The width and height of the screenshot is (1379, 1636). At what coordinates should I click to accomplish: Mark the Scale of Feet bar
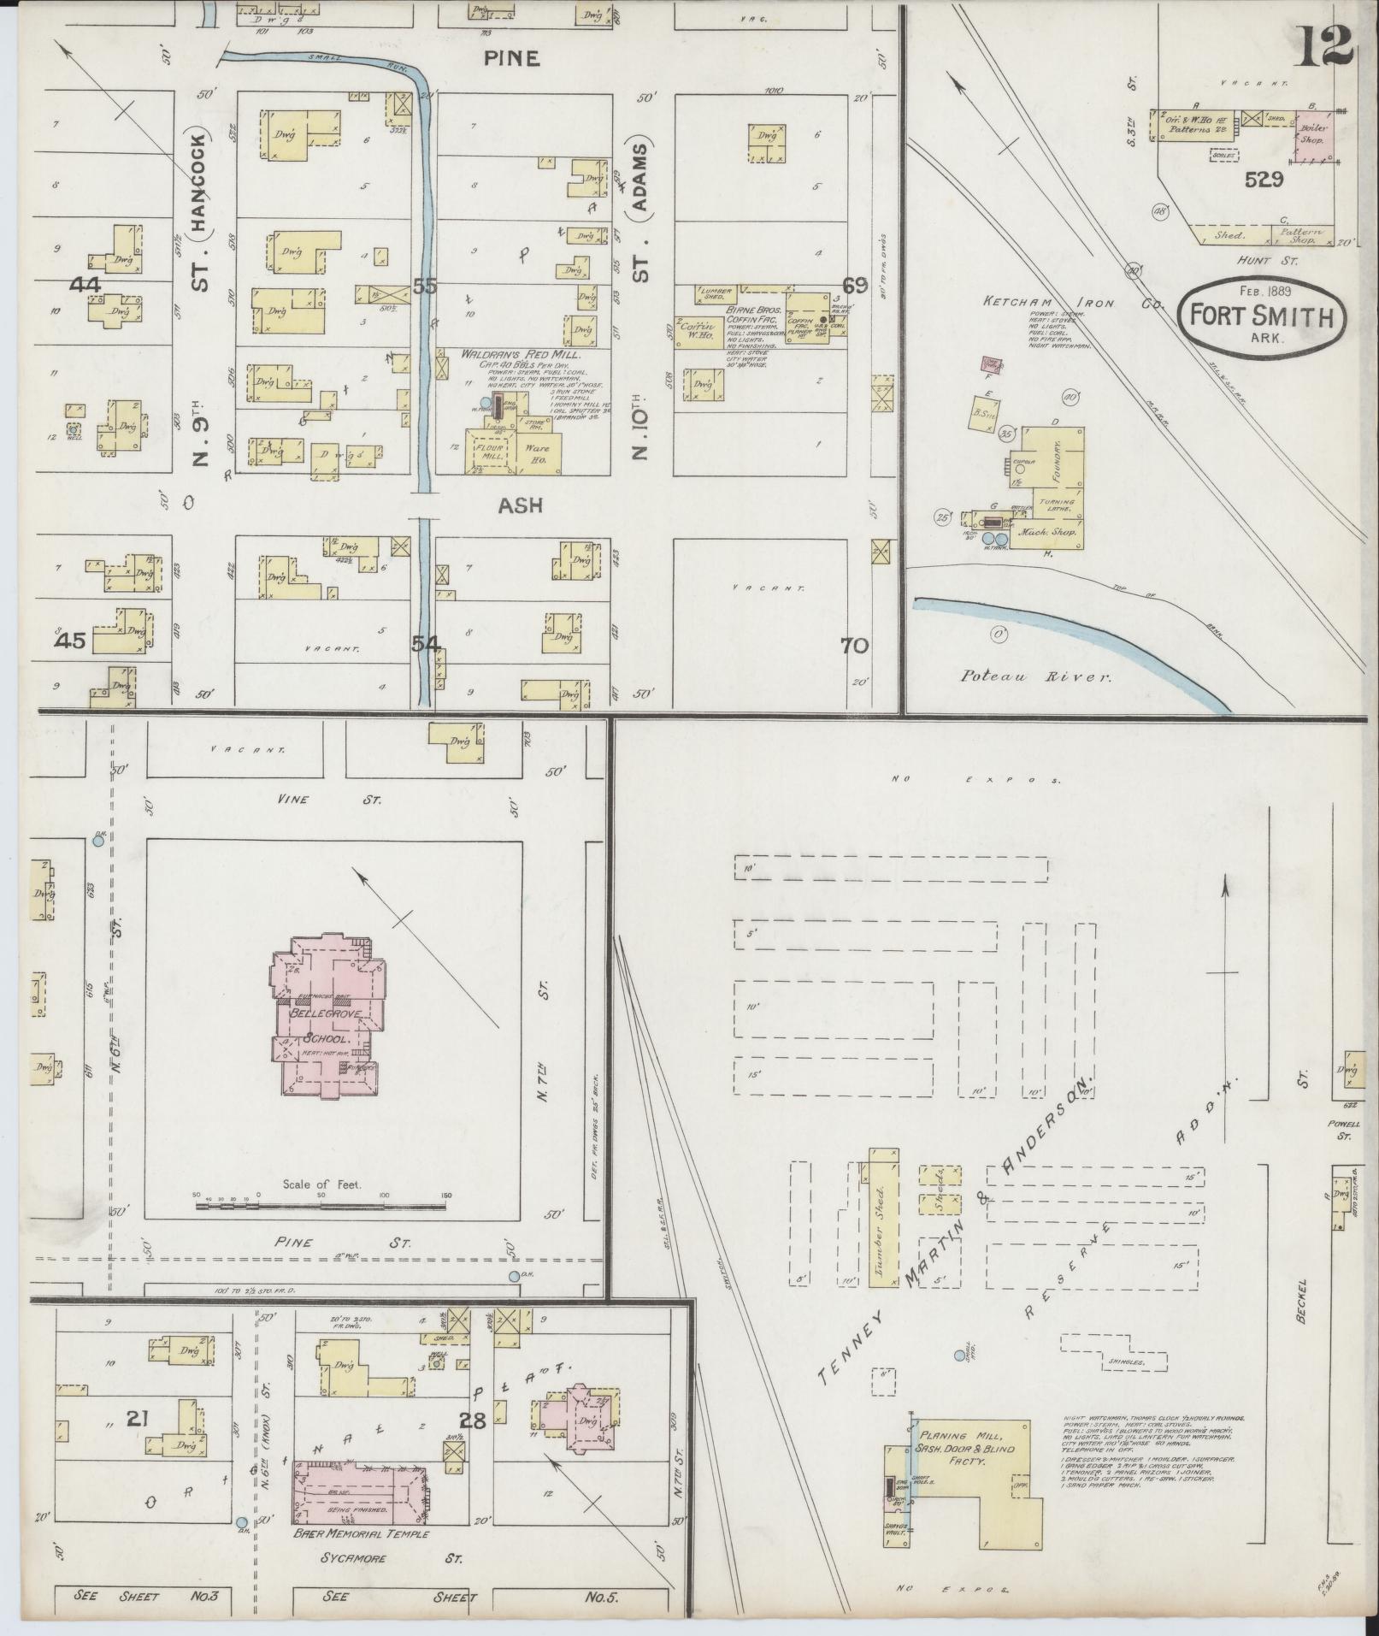pyautogui.click(x=321, y=1206)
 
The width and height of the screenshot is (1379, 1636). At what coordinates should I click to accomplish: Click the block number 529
pyautogui.click(x=1264, y=180)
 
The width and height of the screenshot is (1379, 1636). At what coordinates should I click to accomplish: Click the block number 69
pyautogui.click(x=854, y=285)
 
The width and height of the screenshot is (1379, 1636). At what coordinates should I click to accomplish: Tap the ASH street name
pyautogui.click(x=521, y=505)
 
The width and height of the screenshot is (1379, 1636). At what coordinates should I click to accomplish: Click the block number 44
pyautogui.click(x=86, y=285)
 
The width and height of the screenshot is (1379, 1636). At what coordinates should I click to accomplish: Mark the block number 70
pyautogui.click(x=854, y=646)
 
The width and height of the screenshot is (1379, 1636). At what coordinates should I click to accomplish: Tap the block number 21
pyautogui.click(x=138, y=1420)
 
